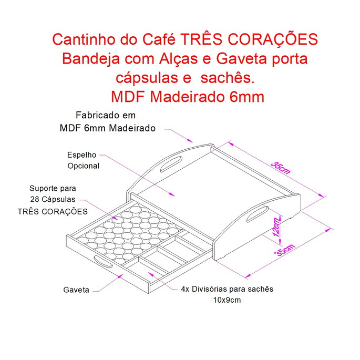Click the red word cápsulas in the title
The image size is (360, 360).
coord(145,79)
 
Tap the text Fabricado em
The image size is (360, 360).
coord(106,116)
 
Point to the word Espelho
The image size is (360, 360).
coord(81,155)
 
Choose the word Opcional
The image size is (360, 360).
coord(83,166)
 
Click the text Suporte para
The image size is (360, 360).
coord(53,188)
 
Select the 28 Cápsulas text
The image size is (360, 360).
coord(53,200)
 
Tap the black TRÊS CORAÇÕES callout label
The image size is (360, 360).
coord(53,211)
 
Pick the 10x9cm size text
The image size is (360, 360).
coord(227,300)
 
